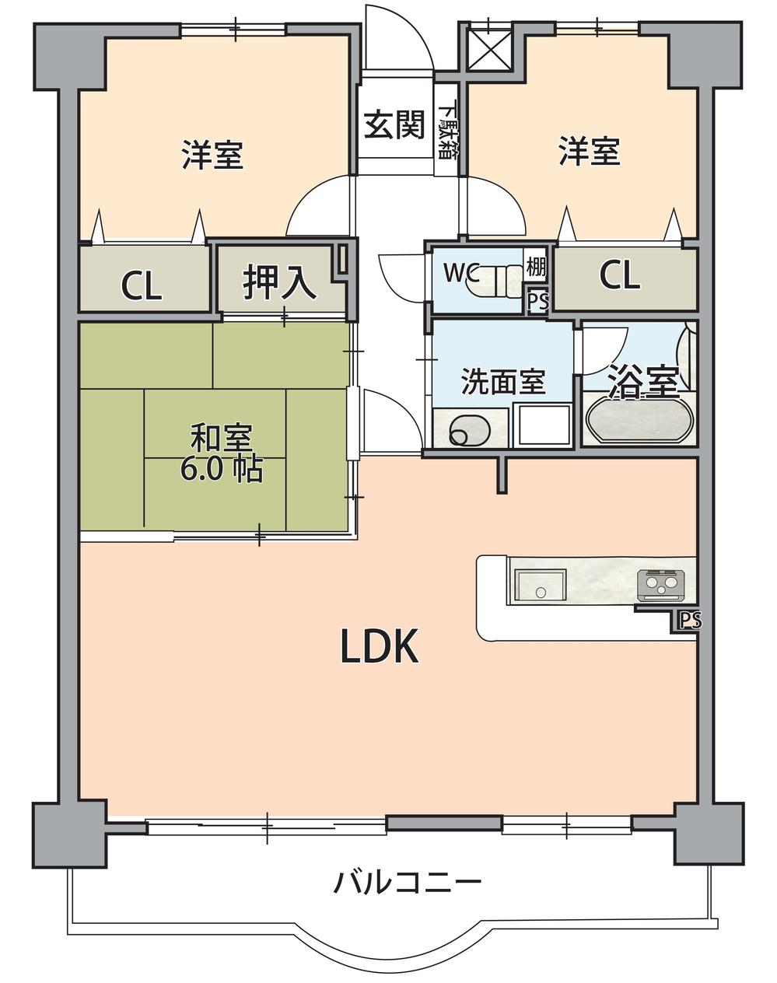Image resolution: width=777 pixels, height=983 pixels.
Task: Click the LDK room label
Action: [380, 646]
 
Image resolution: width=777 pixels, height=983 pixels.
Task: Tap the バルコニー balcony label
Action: [408, 883]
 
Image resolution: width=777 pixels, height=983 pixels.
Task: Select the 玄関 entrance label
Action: [395, 124]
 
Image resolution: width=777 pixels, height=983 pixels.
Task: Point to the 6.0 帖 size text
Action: [221, 468]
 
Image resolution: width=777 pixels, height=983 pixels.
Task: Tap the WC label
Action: [460, 271]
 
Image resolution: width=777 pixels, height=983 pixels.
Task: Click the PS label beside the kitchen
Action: [690, 621]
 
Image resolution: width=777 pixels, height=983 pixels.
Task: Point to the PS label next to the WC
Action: [537, 300]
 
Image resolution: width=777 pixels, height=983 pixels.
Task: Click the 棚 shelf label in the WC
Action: [536, 268]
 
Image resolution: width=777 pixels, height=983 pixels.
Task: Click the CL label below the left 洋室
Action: [142, 285]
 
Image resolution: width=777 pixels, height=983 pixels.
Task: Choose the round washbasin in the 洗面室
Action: [464, 430]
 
